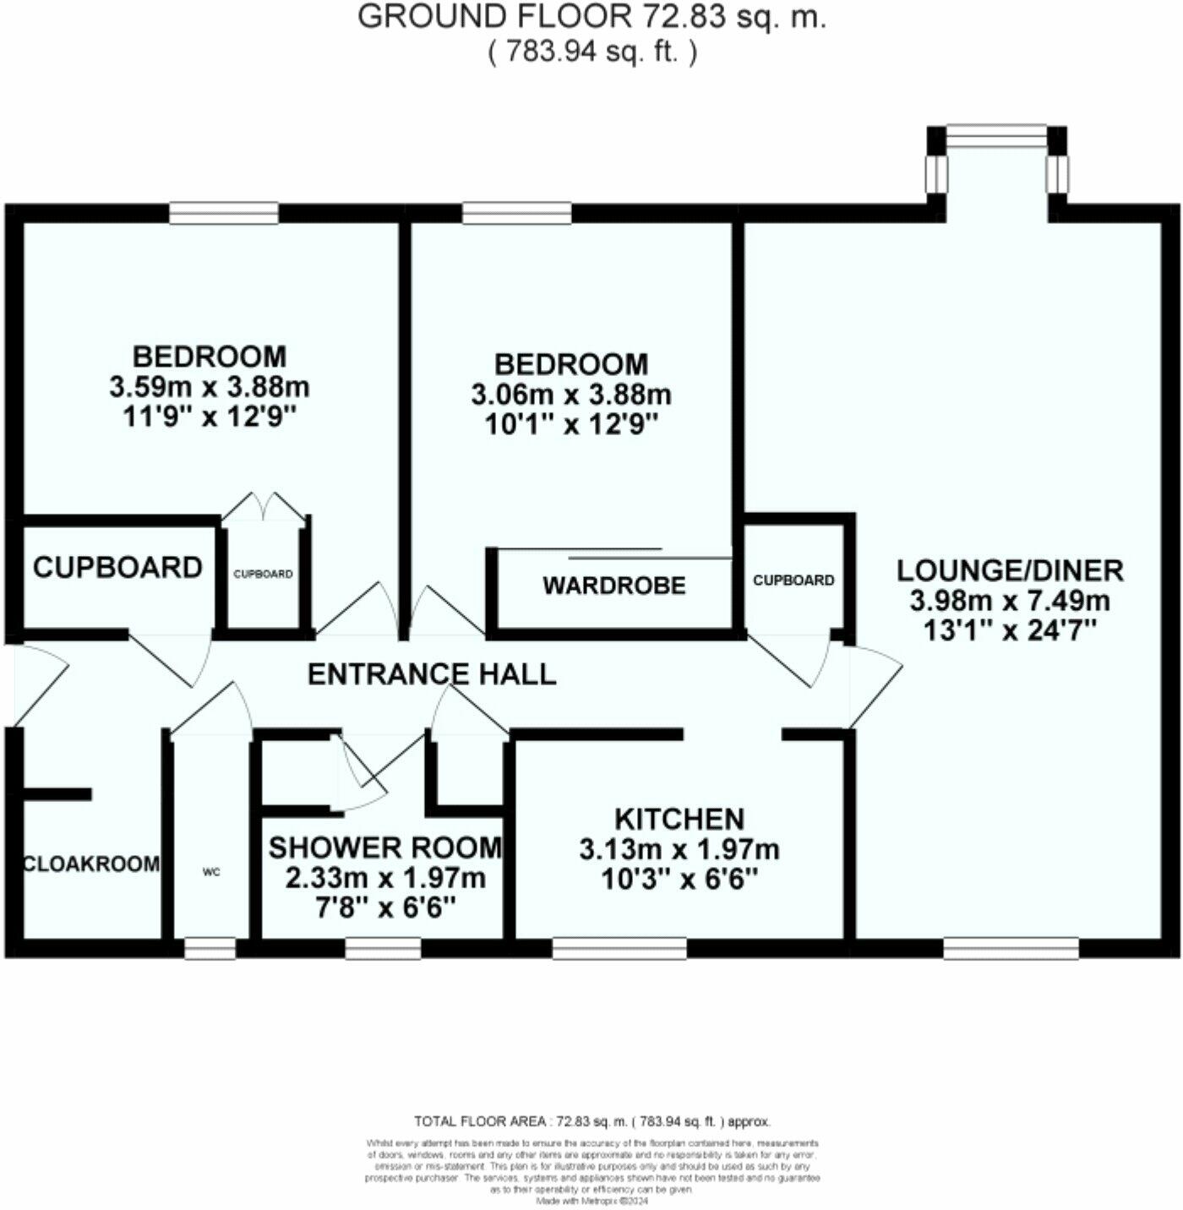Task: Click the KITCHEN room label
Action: click(679, 819)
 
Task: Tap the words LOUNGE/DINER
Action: click(1010, 570)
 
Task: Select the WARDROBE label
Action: click(614, 586)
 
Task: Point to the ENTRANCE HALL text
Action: click(432, 674)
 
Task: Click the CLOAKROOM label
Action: click(91, 864)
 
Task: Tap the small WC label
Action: click(211, 872)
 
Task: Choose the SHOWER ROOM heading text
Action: click(385, 848)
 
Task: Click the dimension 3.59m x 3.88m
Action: click(210, 387)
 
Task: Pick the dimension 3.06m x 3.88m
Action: click(571, 395)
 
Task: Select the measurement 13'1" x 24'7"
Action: click(1010, 631)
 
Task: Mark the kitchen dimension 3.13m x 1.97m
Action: click(679, 849)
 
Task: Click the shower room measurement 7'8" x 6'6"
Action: click(385, 908)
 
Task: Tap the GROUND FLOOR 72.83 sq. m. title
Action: click(591, 17)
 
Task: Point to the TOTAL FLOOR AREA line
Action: click(591, 1122)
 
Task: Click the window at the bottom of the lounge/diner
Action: click(1011, 948)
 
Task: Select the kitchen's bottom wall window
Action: click(619, 948)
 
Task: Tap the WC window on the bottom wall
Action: click(210, 948)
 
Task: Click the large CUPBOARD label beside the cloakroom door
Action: click(117, 567)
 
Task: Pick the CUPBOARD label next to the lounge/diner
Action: click(793, 580)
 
